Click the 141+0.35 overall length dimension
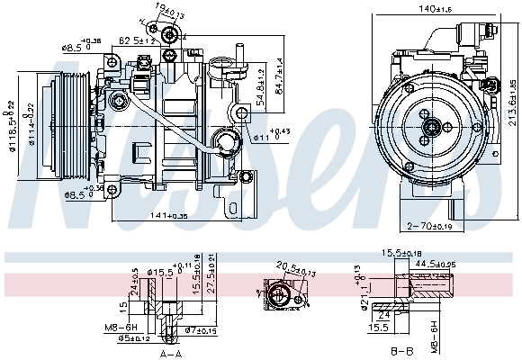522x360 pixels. (x=171, y=216)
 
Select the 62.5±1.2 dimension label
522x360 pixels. (x=138, y=40)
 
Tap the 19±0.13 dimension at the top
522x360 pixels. (x=166, y=12)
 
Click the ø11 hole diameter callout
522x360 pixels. (x=270, y=137)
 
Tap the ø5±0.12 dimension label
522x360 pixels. (x=134, y=338)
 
